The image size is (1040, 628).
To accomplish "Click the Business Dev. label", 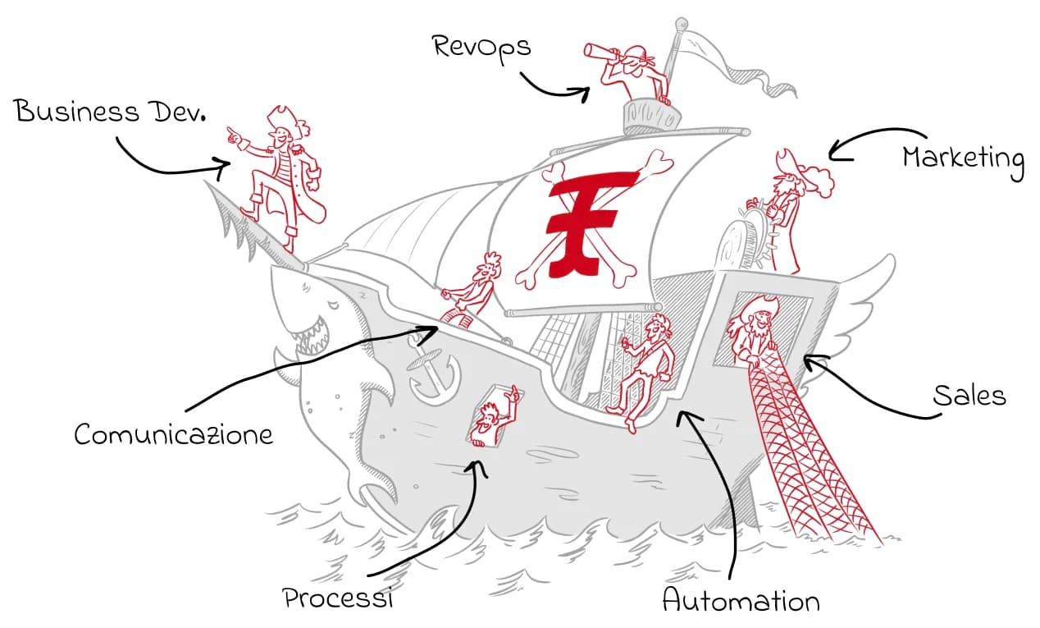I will click(110, 112).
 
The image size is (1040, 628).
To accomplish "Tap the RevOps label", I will click(481, 46).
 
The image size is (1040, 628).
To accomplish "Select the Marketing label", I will click(963, 158).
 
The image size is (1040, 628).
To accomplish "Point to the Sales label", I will click(969, 395).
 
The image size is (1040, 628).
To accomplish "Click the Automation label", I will click(741, 601).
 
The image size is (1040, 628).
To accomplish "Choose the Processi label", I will click(338, 598).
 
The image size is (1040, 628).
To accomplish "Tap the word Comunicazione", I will click(173, 433).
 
